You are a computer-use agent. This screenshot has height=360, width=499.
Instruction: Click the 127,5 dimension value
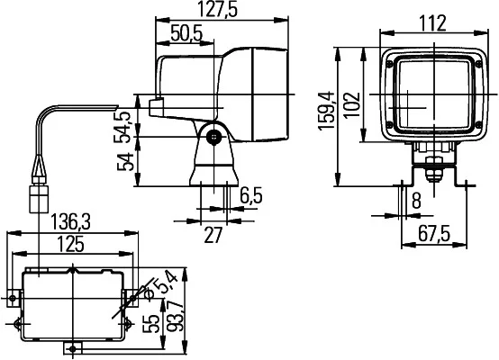[218, 9]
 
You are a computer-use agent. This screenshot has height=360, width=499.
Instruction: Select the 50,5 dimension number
[186, 33]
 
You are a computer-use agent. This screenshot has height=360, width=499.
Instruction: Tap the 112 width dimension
[432, 23]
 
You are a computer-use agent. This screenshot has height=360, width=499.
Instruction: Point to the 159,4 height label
[326, 111]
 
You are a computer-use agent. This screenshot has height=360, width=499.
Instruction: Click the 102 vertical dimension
[352, 105]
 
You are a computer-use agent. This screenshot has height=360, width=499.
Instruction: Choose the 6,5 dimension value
[251, 196]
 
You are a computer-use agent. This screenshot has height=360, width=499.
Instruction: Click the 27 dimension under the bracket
[213, 235]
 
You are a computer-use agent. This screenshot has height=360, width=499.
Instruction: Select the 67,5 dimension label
[434, 235]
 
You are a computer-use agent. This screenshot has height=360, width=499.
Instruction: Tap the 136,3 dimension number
[71, 222]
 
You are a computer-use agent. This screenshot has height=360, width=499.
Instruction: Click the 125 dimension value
[70, 245]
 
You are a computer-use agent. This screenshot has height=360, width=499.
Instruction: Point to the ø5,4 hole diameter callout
[159, 287]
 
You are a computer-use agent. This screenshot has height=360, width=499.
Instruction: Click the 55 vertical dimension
[151, 324]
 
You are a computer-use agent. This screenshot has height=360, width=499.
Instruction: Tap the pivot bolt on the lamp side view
[213, 137]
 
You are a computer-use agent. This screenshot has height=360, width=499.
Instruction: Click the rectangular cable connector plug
[39, 199]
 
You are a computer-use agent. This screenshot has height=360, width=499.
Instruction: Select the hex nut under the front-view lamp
[434, 174]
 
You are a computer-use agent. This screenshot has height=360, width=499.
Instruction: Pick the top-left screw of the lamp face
[390, 64]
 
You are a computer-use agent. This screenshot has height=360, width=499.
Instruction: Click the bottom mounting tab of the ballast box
[73, 348]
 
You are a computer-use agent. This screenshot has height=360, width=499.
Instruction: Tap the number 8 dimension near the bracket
[416, 201]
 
